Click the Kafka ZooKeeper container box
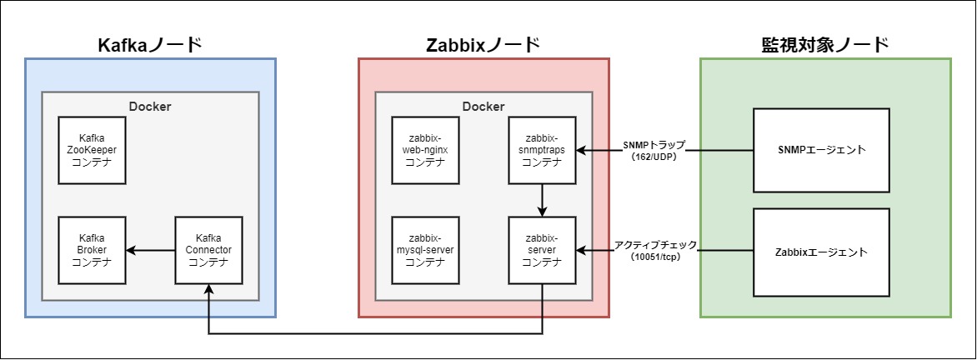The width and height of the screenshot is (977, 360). point(92,150)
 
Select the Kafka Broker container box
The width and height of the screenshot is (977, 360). point(92,250)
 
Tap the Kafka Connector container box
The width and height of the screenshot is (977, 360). point(208,250)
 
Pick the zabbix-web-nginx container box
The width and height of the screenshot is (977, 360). point(425,150)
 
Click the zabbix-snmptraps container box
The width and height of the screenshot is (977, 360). point(542,150)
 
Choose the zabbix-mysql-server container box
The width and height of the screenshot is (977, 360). point(425,250)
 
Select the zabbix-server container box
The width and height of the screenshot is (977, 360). point(542,250)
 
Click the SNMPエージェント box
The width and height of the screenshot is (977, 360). point(821,150)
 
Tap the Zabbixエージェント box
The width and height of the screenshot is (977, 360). point(821,251)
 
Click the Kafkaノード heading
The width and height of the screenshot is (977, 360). point(150,44)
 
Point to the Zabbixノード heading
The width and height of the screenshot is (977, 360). point(483,44)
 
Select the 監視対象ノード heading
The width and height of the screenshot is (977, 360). point(824,44)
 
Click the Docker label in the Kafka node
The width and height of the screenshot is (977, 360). point(150,106)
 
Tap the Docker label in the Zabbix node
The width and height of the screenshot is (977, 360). point(483,106)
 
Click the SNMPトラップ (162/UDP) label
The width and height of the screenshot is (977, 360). point(654,149)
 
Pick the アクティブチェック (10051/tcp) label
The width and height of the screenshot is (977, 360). point(655,250)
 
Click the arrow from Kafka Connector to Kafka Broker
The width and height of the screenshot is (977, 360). point(150,250)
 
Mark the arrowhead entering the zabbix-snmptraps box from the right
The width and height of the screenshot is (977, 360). point(581,150)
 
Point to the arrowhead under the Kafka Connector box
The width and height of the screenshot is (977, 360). point(208,289)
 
